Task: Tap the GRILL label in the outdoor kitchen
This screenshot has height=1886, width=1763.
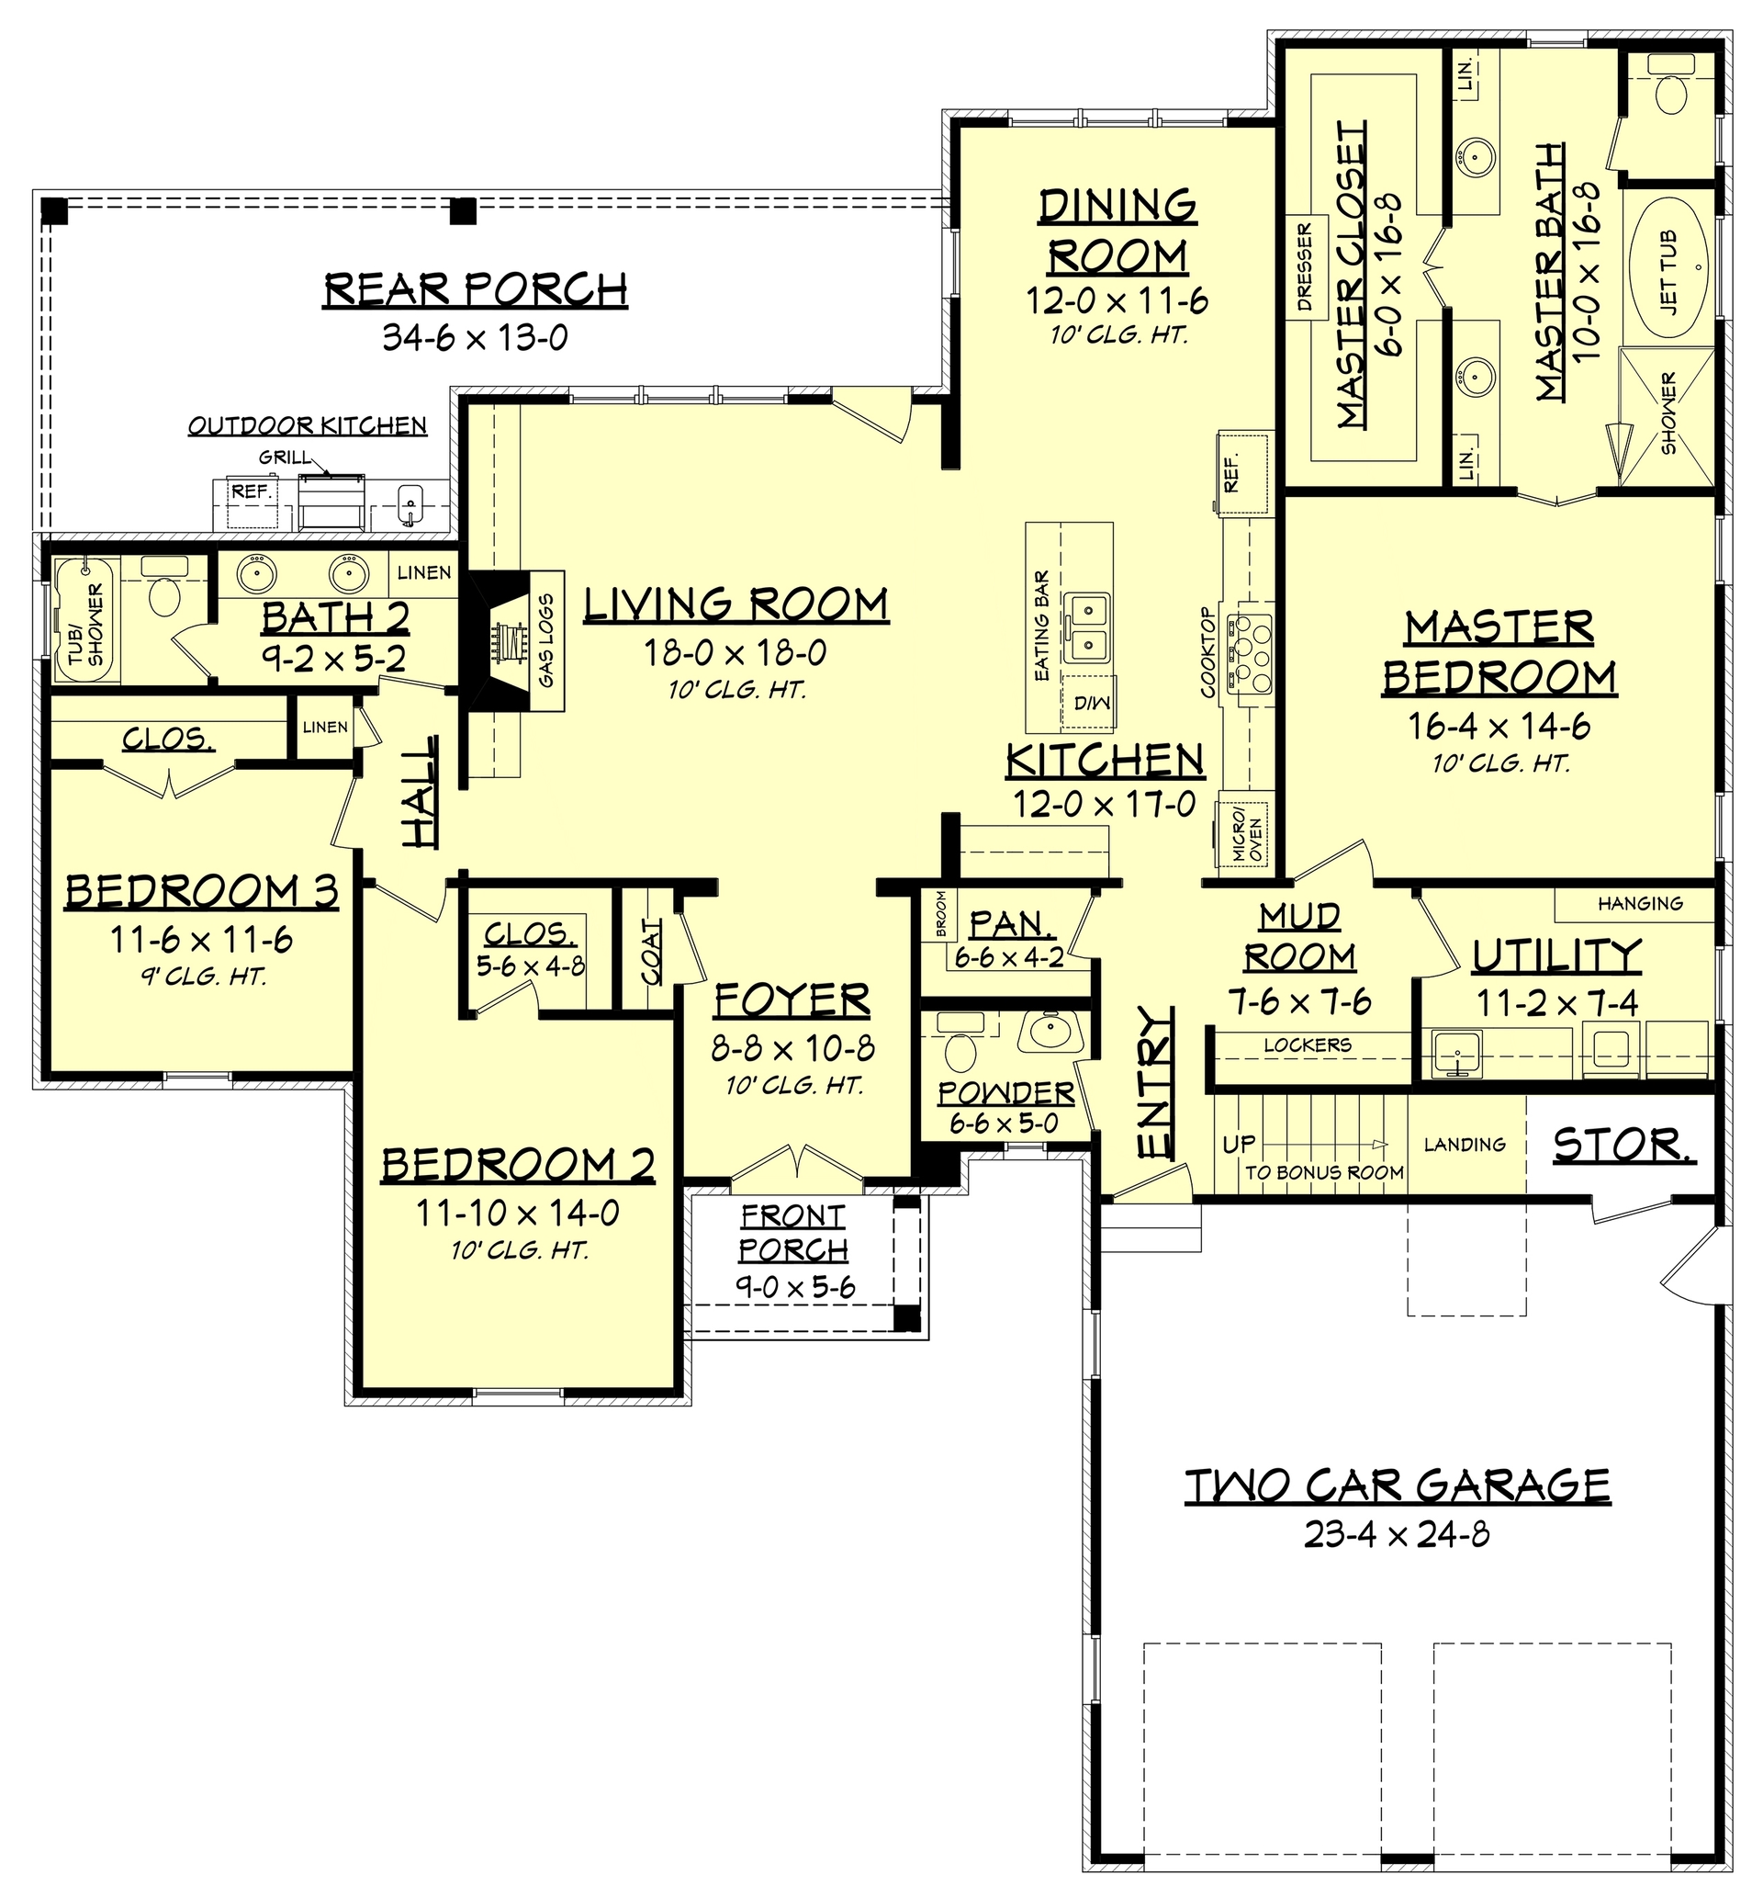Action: (x=284, y=458)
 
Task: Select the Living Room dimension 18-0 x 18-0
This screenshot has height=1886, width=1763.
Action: (x=735, y=652)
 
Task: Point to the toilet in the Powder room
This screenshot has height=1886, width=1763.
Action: (x=960, y=1050)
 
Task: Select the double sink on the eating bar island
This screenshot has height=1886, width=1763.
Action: (x=1087, y=627)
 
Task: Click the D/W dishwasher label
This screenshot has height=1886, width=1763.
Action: (x=1092, y=703)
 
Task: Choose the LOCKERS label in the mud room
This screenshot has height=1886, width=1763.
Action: (x=1307, y=1045)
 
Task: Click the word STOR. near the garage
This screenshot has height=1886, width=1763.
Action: (x=1623, y=1145)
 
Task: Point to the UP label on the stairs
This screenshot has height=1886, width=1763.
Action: (x=1239, y=1144)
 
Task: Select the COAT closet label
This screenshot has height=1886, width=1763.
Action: (x=652, y=953)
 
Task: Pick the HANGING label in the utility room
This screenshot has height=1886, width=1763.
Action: (x=1640, y=904)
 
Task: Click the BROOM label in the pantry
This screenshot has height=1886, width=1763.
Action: (x=941, y=913)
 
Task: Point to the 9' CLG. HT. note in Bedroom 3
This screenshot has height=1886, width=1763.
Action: (x=202, y=977)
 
